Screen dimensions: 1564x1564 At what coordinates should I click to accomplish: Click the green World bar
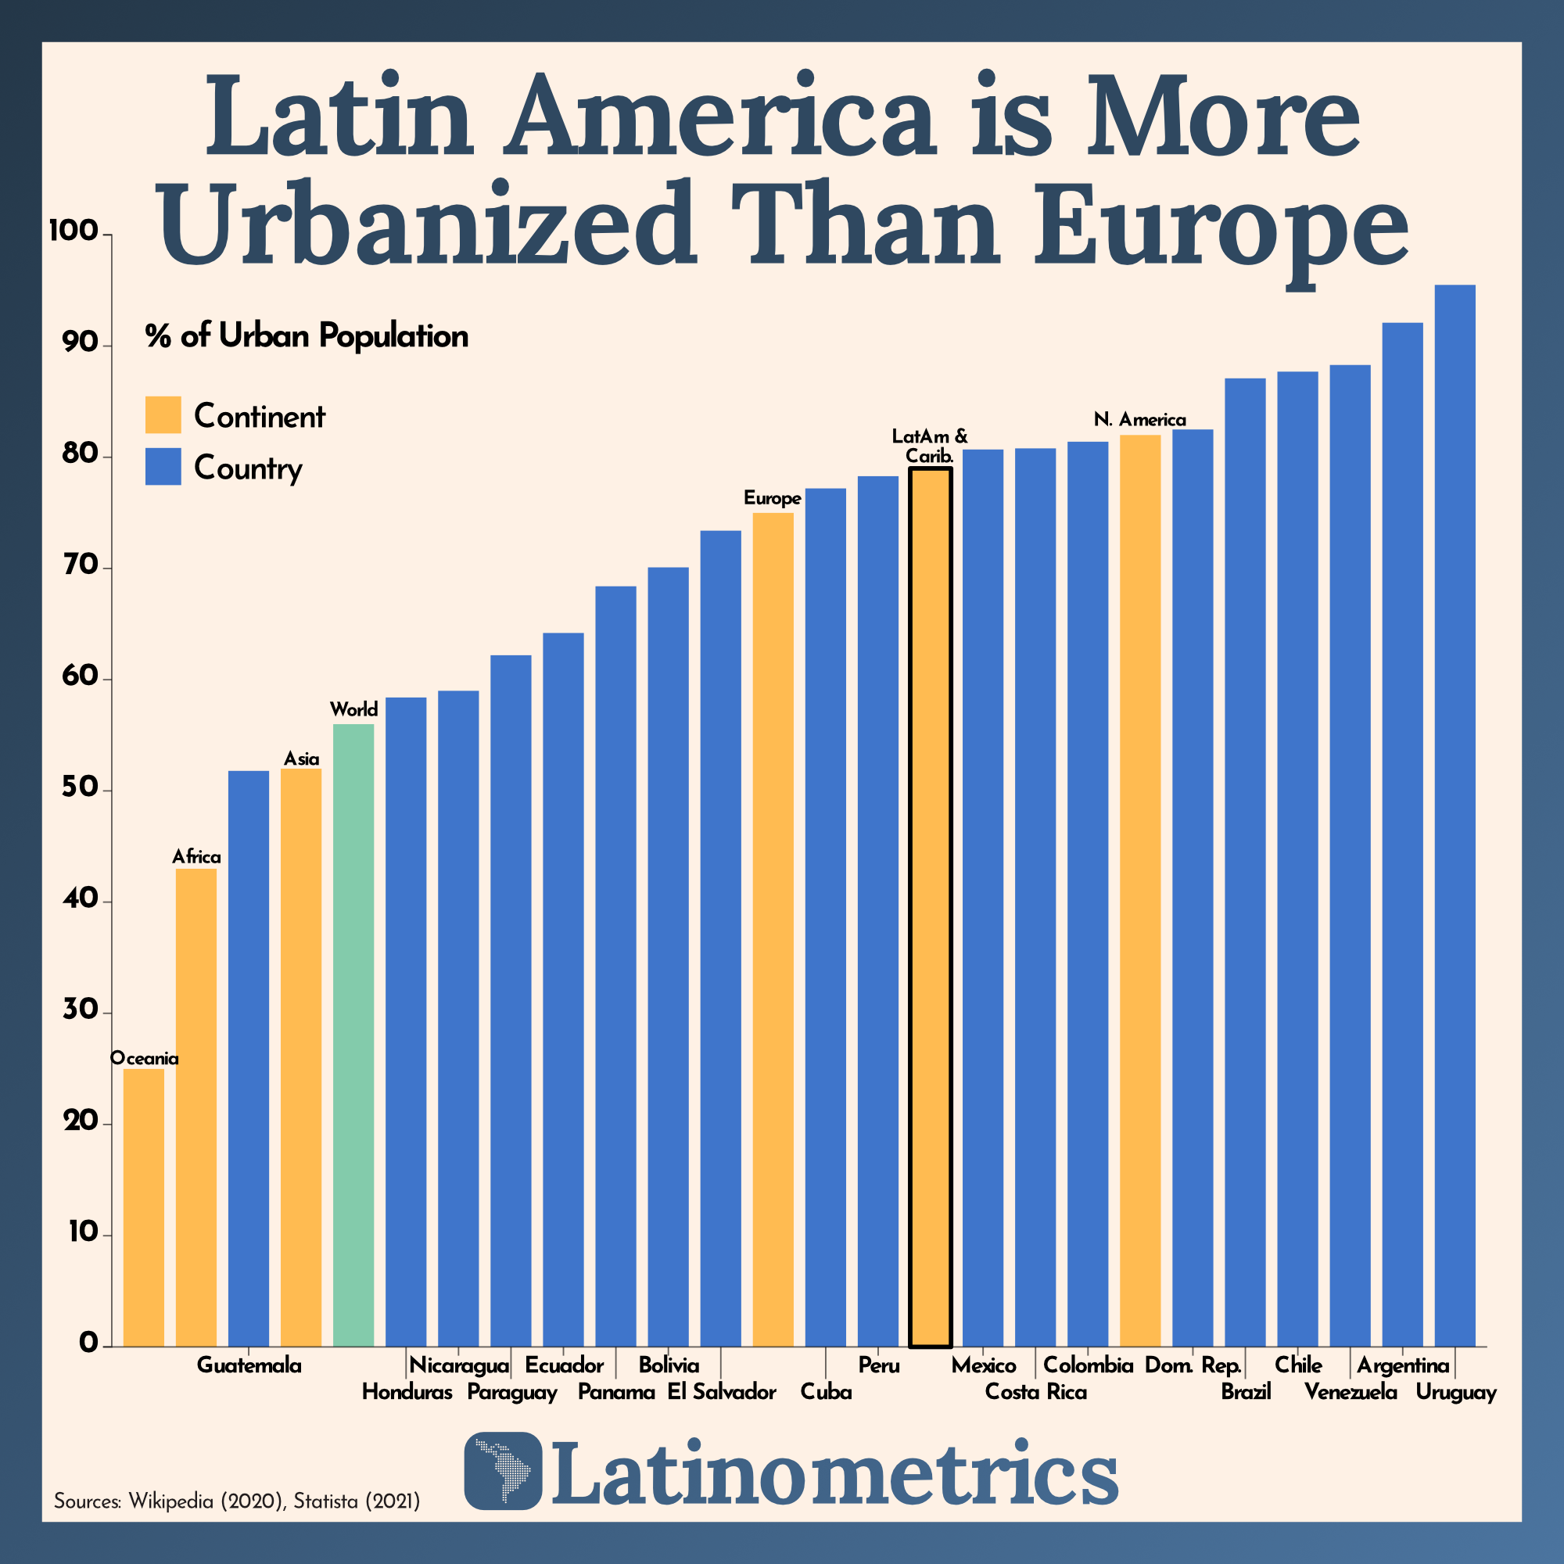(x=353, y=1036)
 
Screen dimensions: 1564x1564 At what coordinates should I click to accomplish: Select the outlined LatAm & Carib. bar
(x=930, y=906)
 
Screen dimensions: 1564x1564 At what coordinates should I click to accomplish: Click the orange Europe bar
(x=773, y=931)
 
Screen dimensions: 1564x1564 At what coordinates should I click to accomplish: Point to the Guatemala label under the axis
(x=249, y=1365)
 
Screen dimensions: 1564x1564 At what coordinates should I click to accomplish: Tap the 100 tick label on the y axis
(x=72, y=232)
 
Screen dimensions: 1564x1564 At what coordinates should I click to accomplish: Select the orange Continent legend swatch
(x=163, y=414)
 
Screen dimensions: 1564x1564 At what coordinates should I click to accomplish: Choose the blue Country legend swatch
(x=163, y=467)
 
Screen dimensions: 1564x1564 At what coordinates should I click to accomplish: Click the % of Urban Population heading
(x=307, y=336)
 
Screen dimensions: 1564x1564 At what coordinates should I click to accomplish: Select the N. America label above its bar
(x=1140, y=419)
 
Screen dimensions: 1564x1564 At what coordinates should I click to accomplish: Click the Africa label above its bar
(x=196, y=856)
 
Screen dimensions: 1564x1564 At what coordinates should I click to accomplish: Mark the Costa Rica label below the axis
(x=1035, y=1393)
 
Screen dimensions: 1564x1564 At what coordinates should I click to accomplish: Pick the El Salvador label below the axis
(x=721, y=1393)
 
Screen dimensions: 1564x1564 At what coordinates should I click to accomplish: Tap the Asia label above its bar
(x=301, y=759)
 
